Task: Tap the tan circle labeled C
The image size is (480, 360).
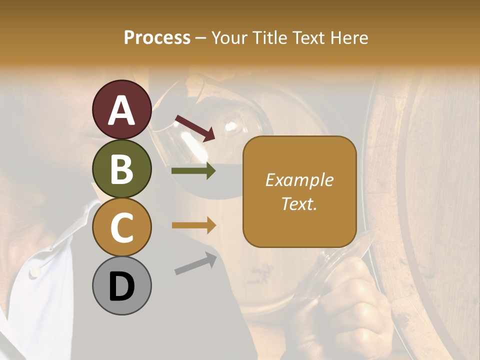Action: (x=121, y=227)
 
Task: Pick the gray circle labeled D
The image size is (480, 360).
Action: (x=121, y=285)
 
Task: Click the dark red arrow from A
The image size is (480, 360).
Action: (x=195, y=127)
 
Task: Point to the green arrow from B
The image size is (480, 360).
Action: (x=193, y=171)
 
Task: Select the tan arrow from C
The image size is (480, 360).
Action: (x=193, y=225)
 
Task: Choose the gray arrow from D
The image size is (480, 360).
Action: (x=195, y=263)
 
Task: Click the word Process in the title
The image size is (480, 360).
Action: (x=157, y=37)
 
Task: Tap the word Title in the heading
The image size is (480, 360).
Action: (x=268, y=37)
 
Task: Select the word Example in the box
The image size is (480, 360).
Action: (x=299, y=180)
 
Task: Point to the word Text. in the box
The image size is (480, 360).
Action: (x=299, y=203)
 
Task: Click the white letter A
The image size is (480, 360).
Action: (x=121, y=111)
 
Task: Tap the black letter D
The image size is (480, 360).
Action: (x=121, y=286)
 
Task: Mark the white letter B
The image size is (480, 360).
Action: (x=121, y=169)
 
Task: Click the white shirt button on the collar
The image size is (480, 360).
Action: (x=34, y=271)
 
